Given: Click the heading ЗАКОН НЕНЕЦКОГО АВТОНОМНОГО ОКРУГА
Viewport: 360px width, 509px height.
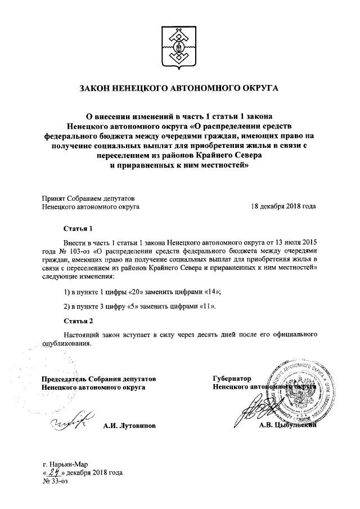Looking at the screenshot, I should (x=179, y=88).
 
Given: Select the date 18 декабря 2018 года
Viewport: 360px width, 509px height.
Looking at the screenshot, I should (x=283, y=206).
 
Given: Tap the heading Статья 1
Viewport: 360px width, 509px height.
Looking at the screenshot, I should (x=76, y=229).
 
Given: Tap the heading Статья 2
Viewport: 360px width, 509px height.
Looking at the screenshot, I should (x=76, y=321).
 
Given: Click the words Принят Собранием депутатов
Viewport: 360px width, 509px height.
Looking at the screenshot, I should (x=88, y=198).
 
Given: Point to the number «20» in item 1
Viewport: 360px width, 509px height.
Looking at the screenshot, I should (x=137, y=291).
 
